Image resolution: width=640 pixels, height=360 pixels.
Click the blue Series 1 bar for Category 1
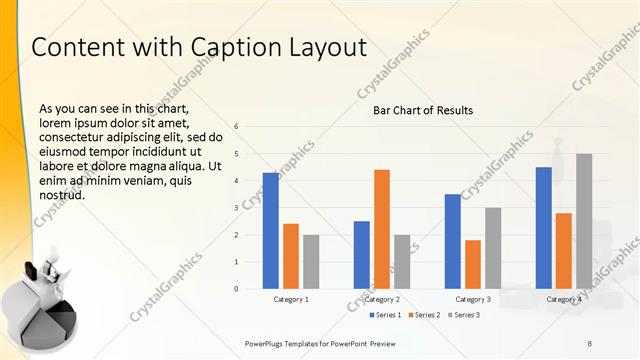coord(271,231)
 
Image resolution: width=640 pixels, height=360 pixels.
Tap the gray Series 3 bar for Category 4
coord(583,221)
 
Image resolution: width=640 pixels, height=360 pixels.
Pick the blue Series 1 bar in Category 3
coord(453,241)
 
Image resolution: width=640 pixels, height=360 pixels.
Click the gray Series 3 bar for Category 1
coord(311,262)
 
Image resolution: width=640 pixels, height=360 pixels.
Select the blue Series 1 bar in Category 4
coord(543,228)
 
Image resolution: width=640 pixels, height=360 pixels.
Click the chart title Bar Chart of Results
coord(423,110)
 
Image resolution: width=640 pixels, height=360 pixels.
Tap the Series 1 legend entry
coord(390,315)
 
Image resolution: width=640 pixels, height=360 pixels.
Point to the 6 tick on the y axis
coord(236,127)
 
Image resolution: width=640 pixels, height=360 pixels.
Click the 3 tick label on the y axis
coord(236,208)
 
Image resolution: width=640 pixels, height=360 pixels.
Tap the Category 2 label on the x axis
coord(382,299)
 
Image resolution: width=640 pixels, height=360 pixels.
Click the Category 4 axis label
coord(563,299)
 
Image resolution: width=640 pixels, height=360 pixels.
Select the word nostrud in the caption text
coord(61,195)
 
